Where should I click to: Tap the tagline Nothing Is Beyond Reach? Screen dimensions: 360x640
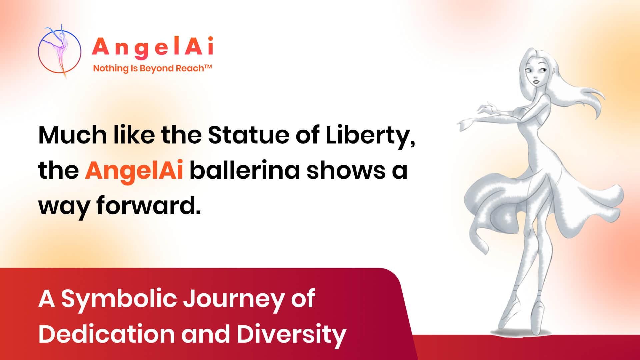(x=148, y=68)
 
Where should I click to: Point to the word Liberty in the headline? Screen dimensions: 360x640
(x=369, y=136)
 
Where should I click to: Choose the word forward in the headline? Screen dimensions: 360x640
(x=148, y=205)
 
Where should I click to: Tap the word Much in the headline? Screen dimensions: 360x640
(x=72, y=135)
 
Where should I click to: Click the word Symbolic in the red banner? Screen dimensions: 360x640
(x=119, y=299)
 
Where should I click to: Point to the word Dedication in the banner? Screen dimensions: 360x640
(x=106, y=334)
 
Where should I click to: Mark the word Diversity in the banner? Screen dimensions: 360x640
(x=291, y=334)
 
